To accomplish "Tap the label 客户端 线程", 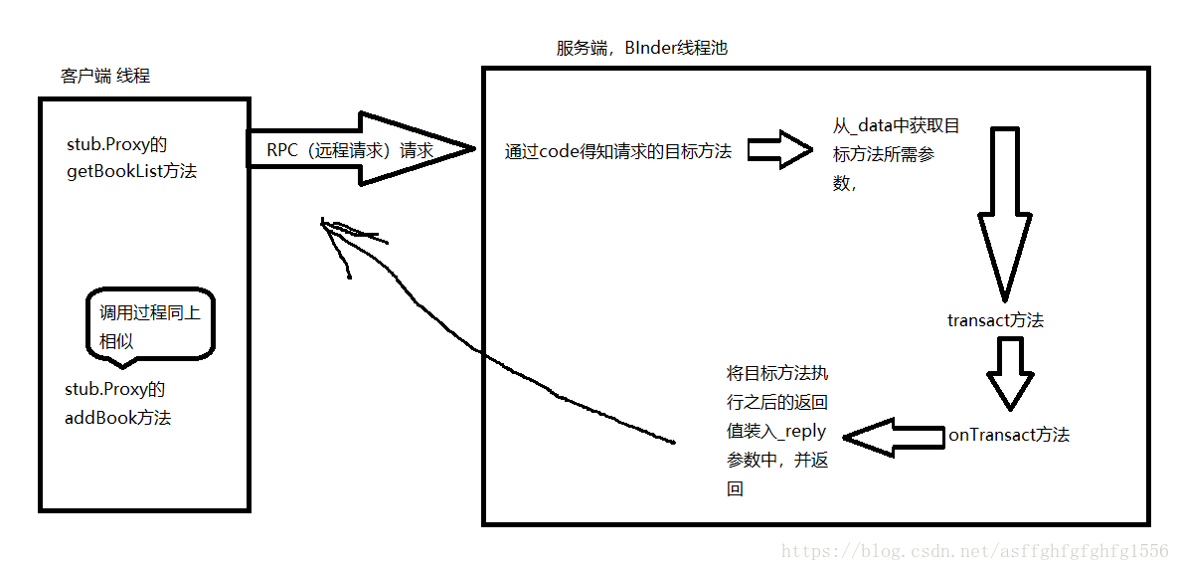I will [x=105, y=76].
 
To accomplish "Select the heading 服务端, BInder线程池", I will [x=642, y=48].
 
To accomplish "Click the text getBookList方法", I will [x=131, y=171].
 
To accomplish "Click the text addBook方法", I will [x=117, y=418].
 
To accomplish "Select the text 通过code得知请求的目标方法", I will [x=617, y=151].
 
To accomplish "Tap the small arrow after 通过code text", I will [x=779, y=150].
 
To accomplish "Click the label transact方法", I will [x=995, y=320].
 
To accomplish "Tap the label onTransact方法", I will [x=1008, y=435].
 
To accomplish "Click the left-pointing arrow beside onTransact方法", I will [x=892, y=437].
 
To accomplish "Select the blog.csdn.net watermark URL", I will [x=974, y=551].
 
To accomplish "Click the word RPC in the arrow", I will [x=281, y=151].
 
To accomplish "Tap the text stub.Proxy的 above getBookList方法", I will [x=115, y=145].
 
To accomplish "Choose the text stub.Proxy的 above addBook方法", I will [x=115, y=390].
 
